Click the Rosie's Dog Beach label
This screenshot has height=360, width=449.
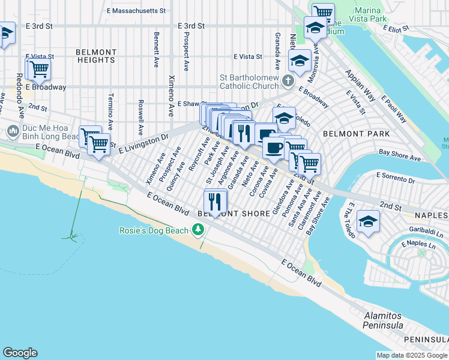pos(154,230)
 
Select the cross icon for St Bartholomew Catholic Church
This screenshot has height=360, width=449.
pos(288,81)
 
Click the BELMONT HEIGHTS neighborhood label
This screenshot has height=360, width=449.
pos(96,56)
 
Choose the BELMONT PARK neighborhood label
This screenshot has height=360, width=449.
pos(356,134)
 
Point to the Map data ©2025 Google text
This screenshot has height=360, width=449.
pos(411,355)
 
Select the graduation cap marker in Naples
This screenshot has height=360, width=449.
pos(368,221)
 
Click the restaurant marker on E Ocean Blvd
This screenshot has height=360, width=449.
pos(215,200)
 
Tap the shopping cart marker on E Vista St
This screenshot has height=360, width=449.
pos(38,69)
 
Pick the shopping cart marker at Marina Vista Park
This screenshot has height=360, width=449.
pos(323,12)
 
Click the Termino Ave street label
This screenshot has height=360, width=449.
pos(110,112)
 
